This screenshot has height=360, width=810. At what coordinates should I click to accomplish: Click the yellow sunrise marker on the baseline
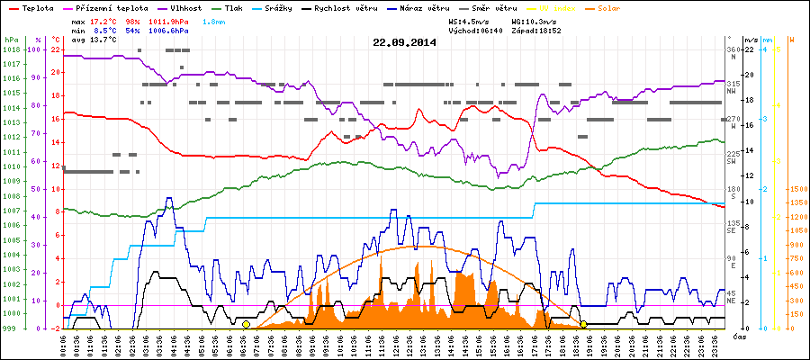[246, 324]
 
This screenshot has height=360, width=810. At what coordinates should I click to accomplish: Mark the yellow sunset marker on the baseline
[583, 324]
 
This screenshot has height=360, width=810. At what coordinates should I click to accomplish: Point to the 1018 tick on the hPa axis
[11, 49]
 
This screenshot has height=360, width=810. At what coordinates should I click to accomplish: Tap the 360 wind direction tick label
[733, 49]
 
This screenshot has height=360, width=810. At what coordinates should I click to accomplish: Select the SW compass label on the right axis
[734, 161]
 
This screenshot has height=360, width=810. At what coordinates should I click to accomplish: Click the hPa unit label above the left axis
[11, 40]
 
